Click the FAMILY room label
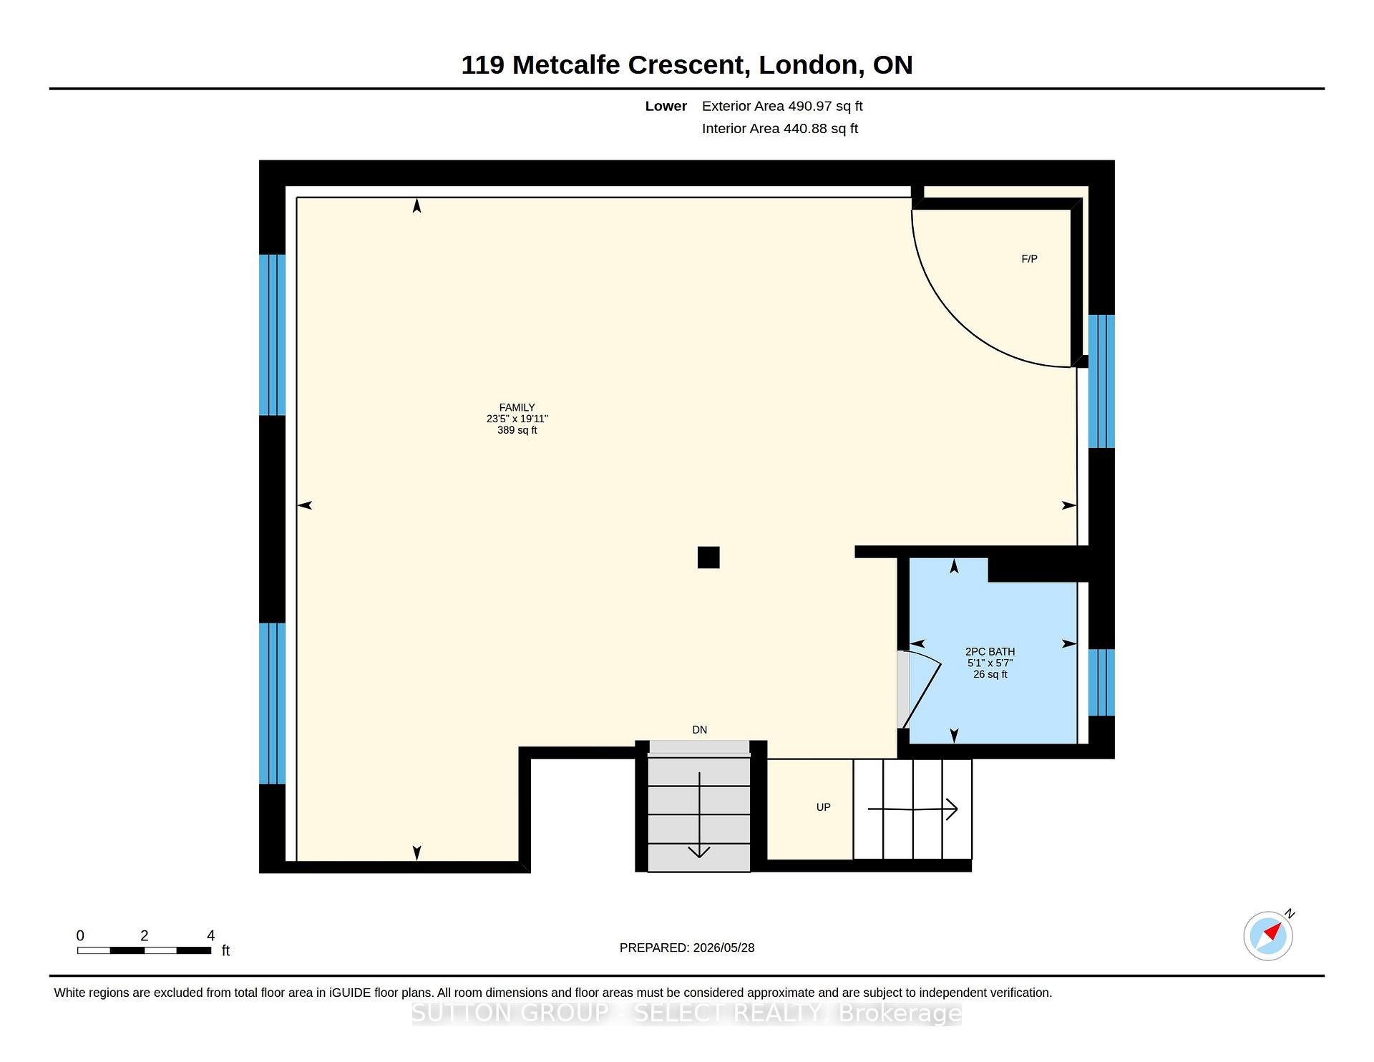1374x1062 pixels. coord(517,407)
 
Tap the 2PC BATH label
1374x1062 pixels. coord(990,651)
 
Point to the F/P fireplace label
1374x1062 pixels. coord(1029,258)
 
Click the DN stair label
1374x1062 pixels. coord(699,730)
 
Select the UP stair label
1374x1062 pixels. coord(823,807)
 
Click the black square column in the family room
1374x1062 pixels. coord(708,557)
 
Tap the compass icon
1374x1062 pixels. coord(1268,935)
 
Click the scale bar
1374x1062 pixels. coord(144,950)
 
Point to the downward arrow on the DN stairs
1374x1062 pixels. coord(699,815)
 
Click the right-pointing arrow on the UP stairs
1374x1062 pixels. coord(912,809)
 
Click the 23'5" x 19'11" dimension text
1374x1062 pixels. coord(517,419)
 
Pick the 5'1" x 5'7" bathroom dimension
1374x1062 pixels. coord(990,663)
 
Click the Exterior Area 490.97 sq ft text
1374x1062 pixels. coord(782,106)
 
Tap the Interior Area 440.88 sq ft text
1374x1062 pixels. coord(779,129)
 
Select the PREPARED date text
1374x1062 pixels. coord(687,947)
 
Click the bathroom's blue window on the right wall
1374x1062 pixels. coord(1101,683)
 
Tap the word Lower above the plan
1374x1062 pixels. coord(666,106)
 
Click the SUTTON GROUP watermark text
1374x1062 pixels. coord(687,1013)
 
